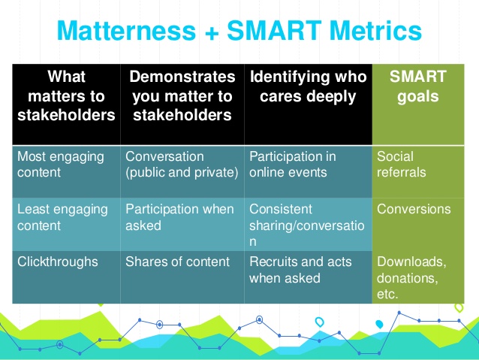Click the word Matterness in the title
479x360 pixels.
click(126, 30)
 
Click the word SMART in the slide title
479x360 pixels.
click(274, 30)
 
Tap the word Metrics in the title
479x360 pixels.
click(375, 30)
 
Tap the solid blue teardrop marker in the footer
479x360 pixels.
click(379, 324)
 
